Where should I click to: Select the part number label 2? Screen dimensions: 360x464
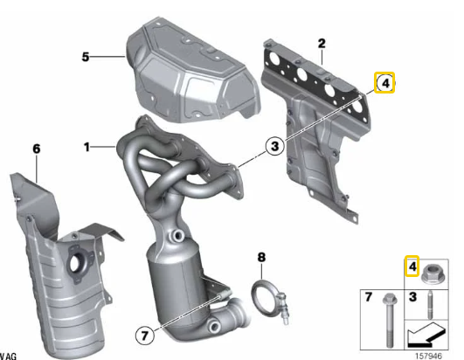click(x=321, y=43)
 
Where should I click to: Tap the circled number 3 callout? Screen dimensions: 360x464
click(x=274, y=148)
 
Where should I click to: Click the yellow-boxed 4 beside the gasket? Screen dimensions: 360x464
click(x=384, y=83)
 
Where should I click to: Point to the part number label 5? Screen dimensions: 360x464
click(x=86, y=57)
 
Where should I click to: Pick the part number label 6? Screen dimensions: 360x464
click(x=36, y=149)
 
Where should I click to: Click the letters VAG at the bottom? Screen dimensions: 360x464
click(x=7, y=356)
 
